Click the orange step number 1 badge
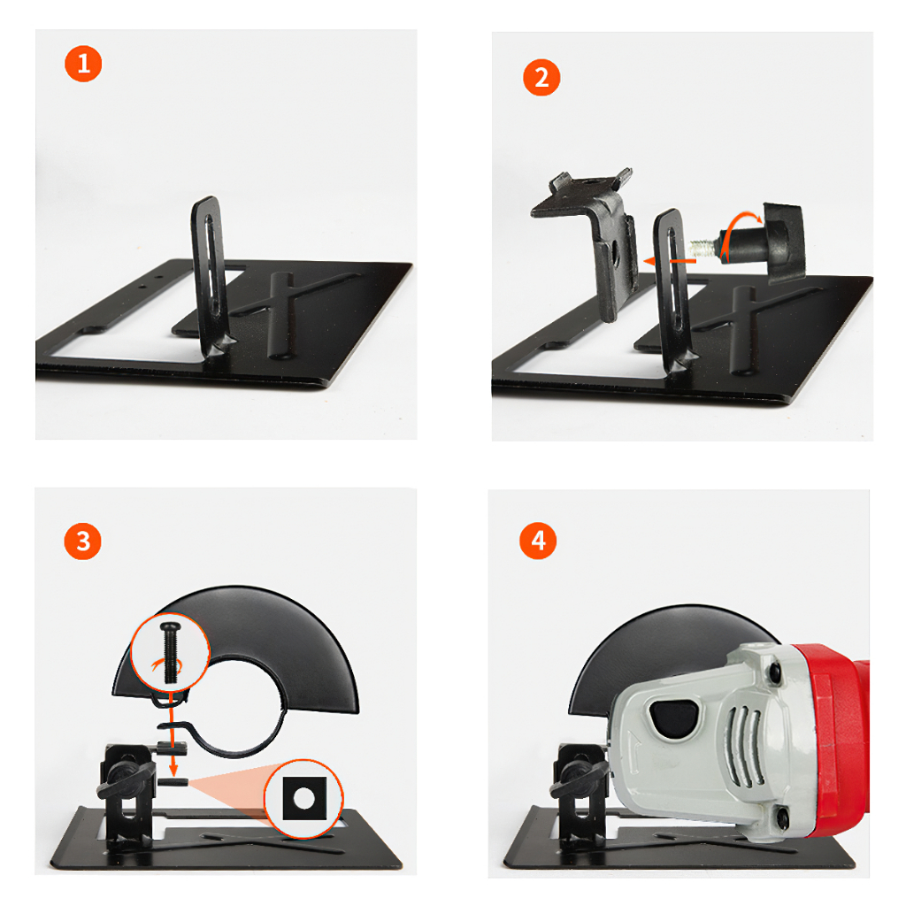pos(83,64)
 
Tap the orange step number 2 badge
pos(541,78)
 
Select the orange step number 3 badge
pos(82,541)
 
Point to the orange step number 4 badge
pos(538,541)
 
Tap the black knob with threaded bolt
pos(757,242)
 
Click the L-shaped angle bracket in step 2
pos(589,231)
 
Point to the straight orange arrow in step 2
pos(671,261)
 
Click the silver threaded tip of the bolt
pos(702,248)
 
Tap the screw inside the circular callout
pos(170,652)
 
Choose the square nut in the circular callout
pos(304,799)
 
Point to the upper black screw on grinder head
pos(775,671)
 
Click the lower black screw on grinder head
pos(782,817)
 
